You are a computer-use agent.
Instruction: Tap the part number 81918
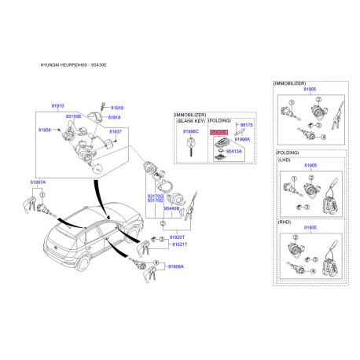[114, 116]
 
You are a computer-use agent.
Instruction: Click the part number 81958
[45, 128]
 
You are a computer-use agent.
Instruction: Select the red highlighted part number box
[219, 132]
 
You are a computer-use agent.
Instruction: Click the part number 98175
[247, 124]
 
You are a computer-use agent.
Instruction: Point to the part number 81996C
[191, 132]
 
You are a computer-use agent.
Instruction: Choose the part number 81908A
[175, 266]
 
